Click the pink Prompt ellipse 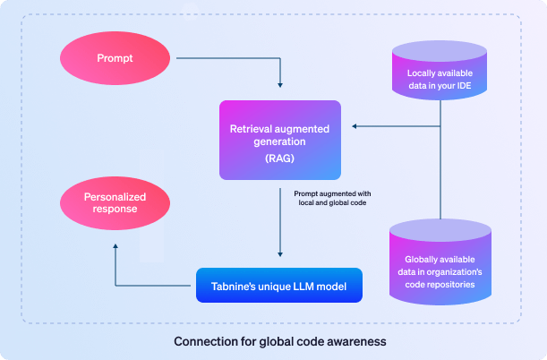point(115,58)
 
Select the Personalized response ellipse point(115,203)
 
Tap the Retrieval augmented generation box point(280,141)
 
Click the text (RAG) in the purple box point(280,159)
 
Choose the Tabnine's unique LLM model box point(279,286)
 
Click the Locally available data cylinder point(440,71)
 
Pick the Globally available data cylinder point(440,262)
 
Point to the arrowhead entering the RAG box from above point(280,85)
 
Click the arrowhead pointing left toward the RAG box point(355,126)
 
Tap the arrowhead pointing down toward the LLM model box point(280,254)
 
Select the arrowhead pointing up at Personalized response point(115,246)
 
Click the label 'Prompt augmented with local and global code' point(332,198)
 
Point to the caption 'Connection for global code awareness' point(280,341)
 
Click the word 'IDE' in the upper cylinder point(464,86)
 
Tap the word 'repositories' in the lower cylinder point(454,285)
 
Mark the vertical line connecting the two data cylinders point(440,159)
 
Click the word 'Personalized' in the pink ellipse point(115,197)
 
